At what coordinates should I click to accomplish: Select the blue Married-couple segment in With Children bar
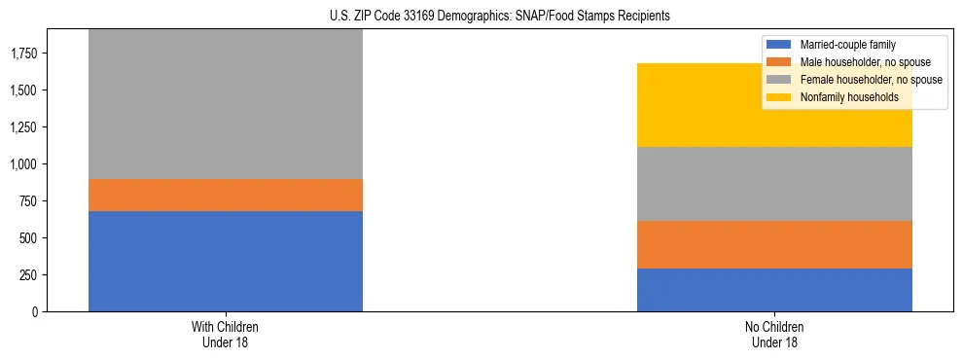226,261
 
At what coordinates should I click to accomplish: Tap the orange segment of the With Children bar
226,195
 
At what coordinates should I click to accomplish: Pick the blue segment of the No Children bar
774,290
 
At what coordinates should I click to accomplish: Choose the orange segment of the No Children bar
774,244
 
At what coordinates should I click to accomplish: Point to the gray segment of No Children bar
774,184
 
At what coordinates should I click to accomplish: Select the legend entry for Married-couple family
846,45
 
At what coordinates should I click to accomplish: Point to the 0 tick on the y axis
34,312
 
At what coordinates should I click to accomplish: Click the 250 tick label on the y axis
28,275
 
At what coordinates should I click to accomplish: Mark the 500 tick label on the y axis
28,238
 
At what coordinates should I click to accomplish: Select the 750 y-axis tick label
28,201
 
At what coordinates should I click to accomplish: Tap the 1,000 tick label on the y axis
24,164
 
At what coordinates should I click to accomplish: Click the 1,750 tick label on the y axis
24,54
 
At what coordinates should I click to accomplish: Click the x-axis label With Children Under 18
226,335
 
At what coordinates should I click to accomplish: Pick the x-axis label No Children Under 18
774,335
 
